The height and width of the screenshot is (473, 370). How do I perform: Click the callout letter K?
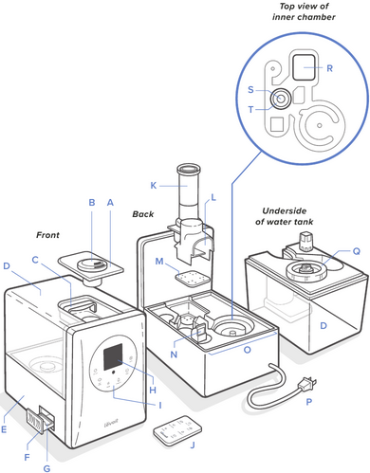(154, 186)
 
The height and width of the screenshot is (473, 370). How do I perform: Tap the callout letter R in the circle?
(330, 68)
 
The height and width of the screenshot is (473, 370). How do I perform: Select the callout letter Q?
(357, 251)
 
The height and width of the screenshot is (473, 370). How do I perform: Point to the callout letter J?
(193, 446)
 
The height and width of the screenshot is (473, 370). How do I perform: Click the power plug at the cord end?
(307, 383)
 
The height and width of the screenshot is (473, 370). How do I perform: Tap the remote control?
(177, 430)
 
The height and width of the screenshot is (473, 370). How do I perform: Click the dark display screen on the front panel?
(113, 357)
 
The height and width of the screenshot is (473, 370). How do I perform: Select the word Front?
(47, 235)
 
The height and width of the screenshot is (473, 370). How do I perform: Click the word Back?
(143, 214)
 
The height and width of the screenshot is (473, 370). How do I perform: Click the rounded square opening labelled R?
(304, 67)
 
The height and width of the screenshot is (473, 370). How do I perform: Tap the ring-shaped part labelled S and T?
(280, 99)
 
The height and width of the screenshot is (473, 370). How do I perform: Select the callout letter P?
(309, 402)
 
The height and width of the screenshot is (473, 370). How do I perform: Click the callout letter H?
(153, 391)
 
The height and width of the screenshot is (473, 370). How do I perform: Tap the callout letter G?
(46, 468)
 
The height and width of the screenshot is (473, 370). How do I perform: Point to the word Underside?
(285, 210)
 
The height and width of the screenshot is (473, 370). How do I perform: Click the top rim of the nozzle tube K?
(189, 168)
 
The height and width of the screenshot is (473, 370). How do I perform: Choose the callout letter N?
(174, 355)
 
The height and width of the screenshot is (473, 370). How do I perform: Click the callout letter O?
(248, 350)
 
